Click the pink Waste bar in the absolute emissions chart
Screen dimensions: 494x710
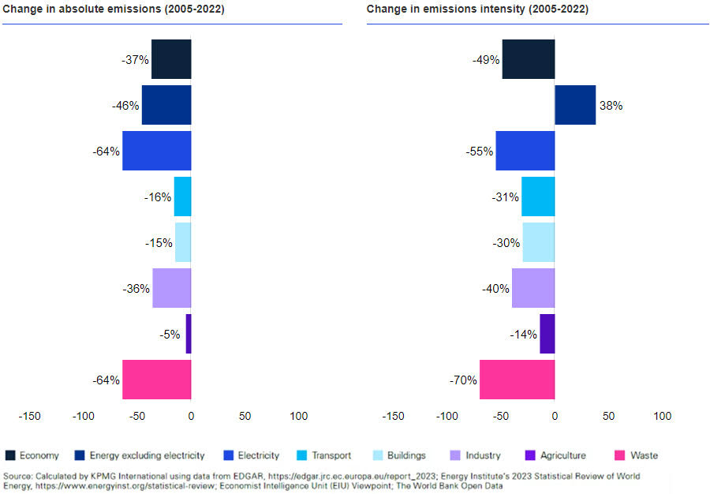tap(156, 380)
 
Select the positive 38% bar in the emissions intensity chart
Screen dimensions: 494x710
tap(575, 105)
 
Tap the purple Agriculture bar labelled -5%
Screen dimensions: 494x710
tap(189, 334)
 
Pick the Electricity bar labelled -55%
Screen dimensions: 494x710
tap(525, 151)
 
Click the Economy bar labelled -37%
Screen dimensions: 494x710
tap(171, 59)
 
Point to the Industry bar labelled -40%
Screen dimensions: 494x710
tap(533, 288)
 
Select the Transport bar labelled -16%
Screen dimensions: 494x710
tap(182, 196)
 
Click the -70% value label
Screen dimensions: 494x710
tap(464, 380)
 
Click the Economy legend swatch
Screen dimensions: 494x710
tap(10, 455)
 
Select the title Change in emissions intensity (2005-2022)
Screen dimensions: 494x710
tap(477, 9)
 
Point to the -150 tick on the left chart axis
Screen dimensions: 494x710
tap(29, 416)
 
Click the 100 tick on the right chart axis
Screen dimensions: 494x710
tap(663, 416)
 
